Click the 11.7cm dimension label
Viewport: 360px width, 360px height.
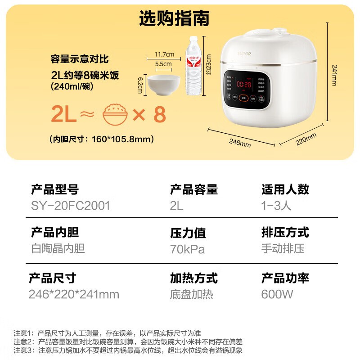(164, 54)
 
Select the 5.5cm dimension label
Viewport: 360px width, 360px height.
(163, 64)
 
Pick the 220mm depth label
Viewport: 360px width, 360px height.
(306, 139)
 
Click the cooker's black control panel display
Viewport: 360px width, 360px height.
(246, 87)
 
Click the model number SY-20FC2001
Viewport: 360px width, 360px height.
(71, 206)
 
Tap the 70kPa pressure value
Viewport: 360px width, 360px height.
(187, 249)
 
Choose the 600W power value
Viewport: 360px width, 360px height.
(277, 294)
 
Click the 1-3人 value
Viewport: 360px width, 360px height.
(276, 206)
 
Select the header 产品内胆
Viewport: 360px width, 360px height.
(55, 232)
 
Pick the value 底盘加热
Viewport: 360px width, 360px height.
(192, 294)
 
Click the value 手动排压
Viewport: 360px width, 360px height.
(283, 249)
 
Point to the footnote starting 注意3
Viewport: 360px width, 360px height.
(128, 350)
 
